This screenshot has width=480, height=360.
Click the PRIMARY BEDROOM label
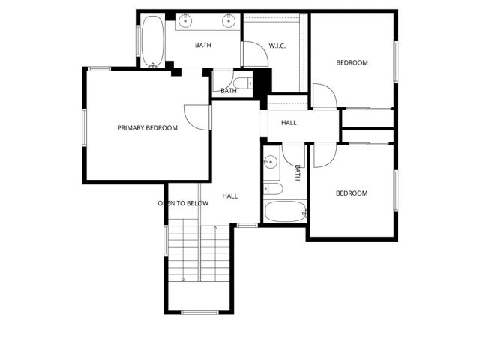coord(147,128)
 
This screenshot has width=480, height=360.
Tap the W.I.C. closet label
coord(278,46)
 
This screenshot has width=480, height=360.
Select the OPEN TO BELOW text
coord(182,203)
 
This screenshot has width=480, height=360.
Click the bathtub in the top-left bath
coord(152,40)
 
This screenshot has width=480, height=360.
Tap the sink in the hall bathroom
coord(270,159)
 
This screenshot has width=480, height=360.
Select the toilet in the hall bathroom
coord(272,188)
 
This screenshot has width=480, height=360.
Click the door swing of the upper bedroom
coord(324,95)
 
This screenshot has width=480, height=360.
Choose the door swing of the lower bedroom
coord(324,155)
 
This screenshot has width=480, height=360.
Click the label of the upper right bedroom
coord(352,63)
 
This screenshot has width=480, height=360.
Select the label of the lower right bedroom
coord(351,193)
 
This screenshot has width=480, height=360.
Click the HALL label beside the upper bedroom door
coord(289,123)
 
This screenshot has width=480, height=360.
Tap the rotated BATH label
coord(297,173)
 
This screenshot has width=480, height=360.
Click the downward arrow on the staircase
coord(183,278)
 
